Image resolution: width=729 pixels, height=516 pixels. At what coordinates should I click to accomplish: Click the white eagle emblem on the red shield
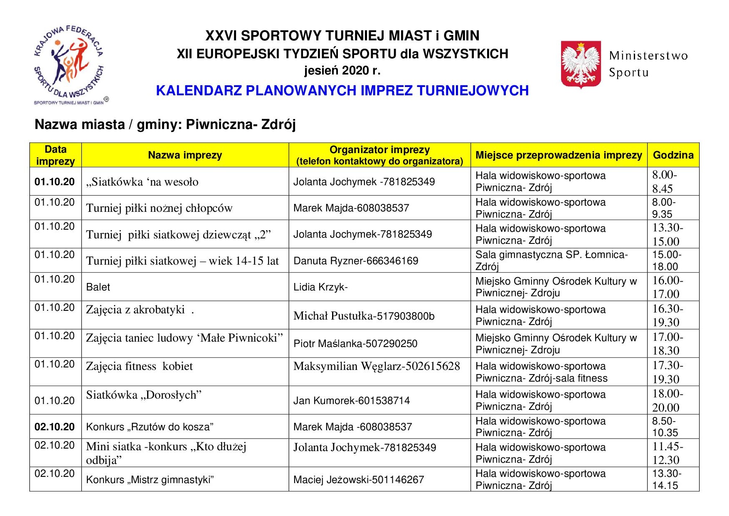click(581, 64)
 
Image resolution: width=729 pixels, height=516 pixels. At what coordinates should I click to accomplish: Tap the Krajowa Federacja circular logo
click(69, 64)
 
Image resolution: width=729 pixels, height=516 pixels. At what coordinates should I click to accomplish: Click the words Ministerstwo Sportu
click(648, 64)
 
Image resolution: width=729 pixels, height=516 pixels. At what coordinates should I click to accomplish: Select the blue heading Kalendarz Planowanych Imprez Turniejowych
click(342, 91)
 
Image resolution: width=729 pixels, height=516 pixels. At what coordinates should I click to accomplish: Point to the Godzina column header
click(673, 155)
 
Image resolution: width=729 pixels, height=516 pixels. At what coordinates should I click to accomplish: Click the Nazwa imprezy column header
click(185, 155)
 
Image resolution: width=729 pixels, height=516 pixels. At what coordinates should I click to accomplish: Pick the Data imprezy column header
click(55, 155)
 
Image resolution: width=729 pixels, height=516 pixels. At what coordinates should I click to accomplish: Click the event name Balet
click(98, 287)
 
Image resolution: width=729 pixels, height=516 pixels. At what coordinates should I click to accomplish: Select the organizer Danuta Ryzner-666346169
click(356, 261)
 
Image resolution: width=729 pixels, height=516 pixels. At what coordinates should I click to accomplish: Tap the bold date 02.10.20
click(54, 427)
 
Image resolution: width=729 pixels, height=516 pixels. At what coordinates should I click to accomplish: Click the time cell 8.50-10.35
click(665, 427)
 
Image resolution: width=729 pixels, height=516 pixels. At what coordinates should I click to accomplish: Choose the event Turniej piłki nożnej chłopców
click(159, 208)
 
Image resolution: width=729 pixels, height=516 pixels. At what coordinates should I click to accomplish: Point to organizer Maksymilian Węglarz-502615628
click(377, 366)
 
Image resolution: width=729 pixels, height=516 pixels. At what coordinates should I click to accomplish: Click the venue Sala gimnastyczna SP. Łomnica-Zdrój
click(551, 260)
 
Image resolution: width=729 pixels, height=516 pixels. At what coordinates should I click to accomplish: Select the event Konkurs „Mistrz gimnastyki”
click(150, 480)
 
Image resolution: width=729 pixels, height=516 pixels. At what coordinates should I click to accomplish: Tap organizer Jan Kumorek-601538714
click(352, 401)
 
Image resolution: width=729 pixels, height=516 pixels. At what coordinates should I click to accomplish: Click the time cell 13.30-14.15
click(666, 479)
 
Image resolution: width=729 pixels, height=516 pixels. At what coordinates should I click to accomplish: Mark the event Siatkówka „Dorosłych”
click(143, 395)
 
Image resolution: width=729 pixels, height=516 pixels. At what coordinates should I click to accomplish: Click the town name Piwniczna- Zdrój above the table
click(241, 124)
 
